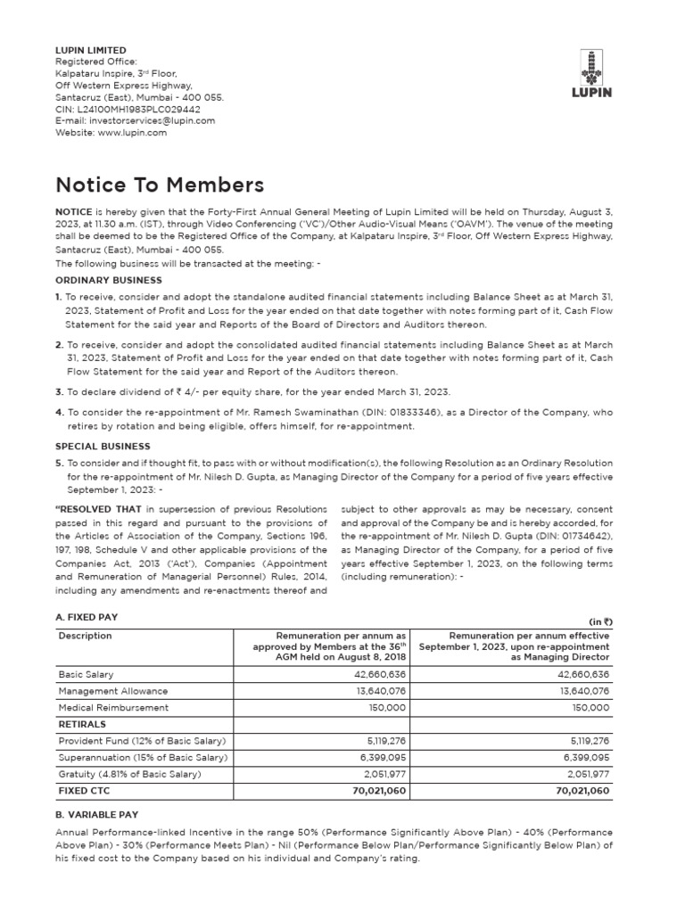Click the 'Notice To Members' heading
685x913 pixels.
160,185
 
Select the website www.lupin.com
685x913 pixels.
132,132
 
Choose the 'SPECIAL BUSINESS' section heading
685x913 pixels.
103,446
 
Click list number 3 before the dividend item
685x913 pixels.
59,391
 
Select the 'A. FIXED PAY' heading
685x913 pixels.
87,617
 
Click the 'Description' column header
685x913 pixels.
85,637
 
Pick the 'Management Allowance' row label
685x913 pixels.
112,691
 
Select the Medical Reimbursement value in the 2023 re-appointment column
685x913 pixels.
590,707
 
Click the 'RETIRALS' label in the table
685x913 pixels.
82,724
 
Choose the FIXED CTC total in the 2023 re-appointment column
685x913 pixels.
582,790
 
